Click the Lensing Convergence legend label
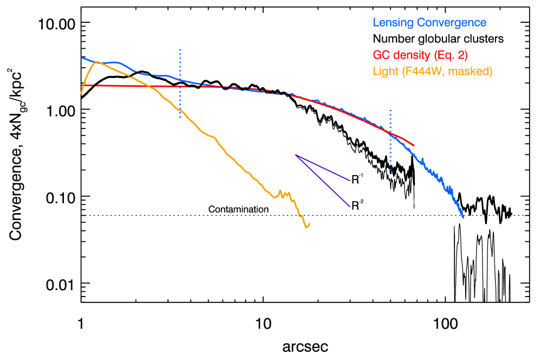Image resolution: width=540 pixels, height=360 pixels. pyautogui.click(x=429, y=23)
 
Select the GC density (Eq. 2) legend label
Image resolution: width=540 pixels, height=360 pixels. pyautogui.click(x=420, y=55)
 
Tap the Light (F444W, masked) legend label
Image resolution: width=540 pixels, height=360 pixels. pyautogui.click(x=433, y=72)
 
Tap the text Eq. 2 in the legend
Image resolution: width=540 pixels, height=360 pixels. pyautogui.click(x=451, y=55)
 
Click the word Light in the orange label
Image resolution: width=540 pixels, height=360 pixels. pyautogui.click(x=385, y=72)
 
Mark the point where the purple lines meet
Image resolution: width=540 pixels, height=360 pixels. pyautogui.click(x=295, y=155)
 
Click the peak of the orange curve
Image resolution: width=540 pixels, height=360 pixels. pyautogui.click(x=97, y=62)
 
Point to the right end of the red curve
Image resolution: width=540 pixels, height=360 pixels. pyautogui.click(x=414, y=145)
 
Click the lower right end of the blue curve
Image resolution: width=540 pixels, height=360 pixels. pyautogui.click(x=464, y=218)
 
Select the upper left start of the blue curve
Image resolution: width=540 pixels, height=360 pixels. pyautogui.click(x=82, y=57)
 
